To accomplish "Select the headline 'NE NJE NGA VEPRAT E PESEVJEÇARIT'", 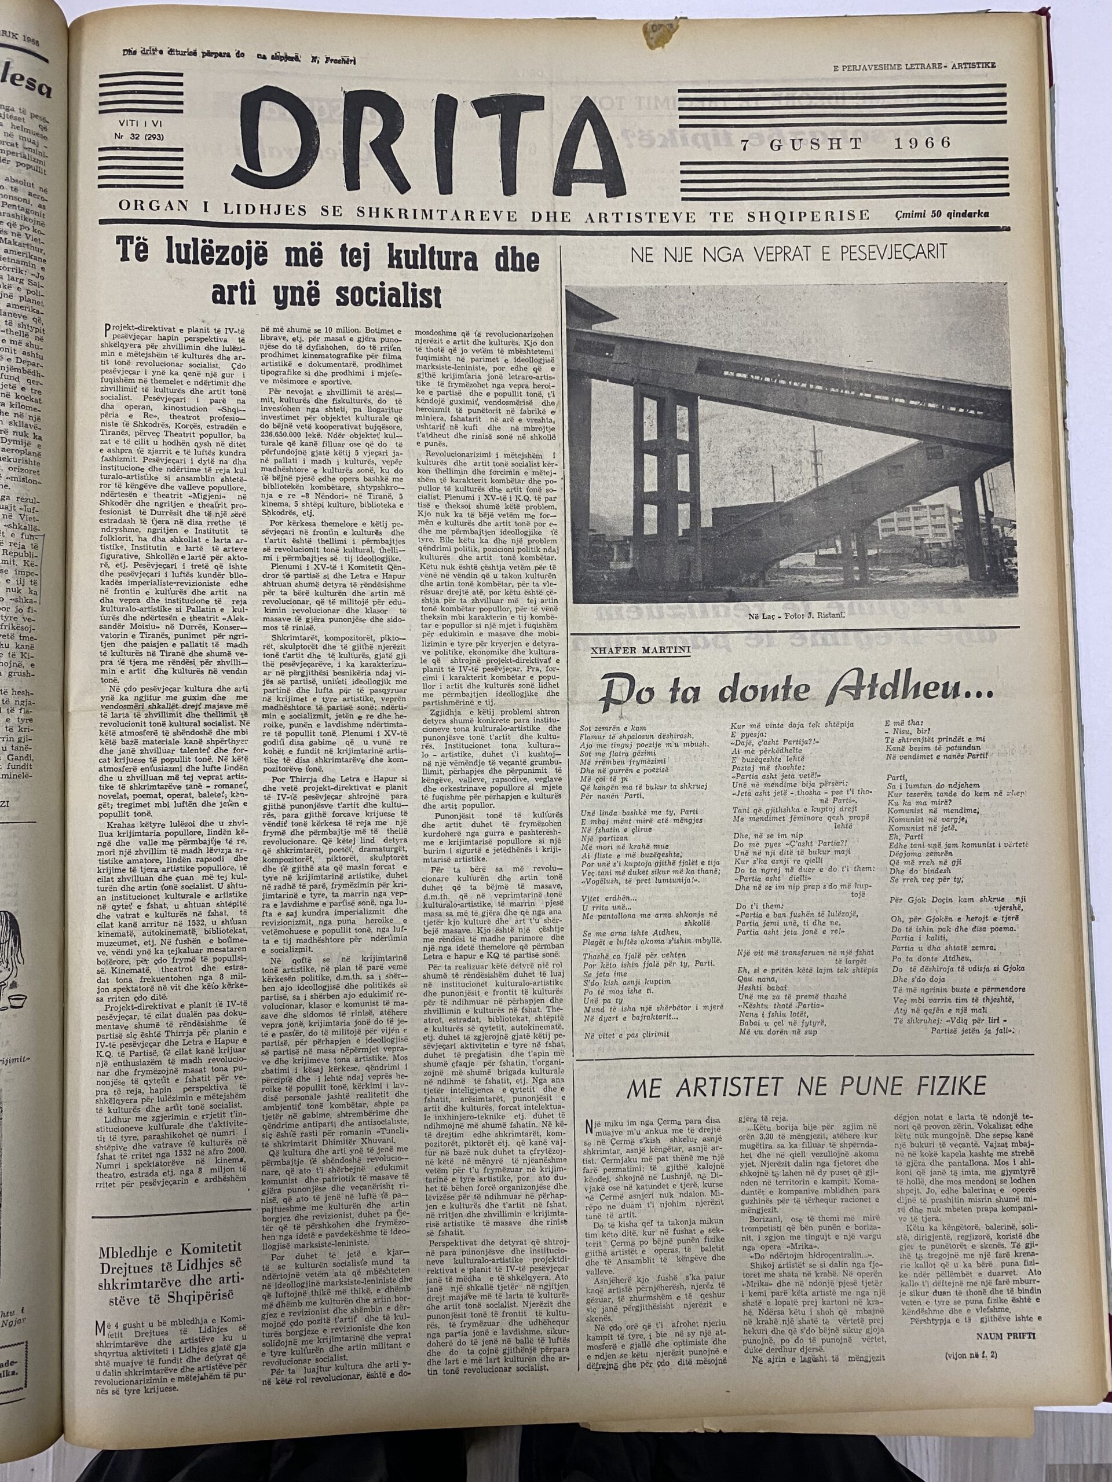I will (x=788, y=252).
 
